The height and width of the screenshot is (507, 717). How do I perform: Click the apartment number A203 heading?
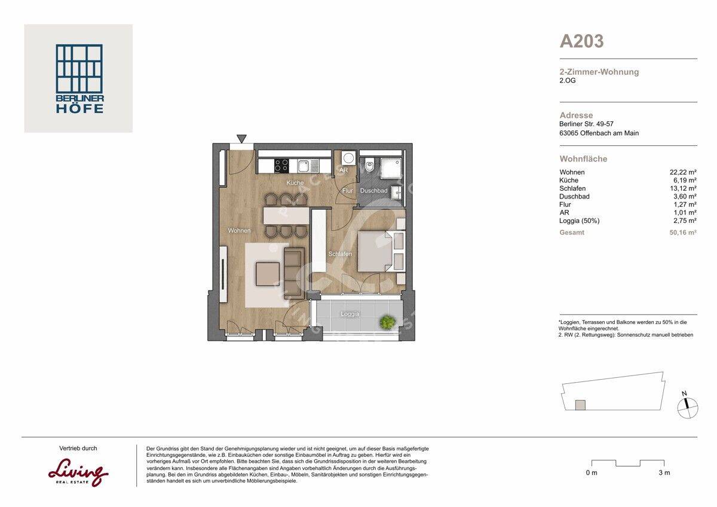pos(581,41)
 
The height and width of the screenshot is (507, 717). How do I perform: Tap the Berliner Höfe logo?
pos(79,78)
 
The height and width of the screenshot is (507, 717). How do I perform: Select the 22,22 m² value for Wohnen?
pos(683,172)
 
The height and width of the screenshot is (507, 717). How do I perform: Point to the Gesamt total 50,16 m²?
pos(683,233)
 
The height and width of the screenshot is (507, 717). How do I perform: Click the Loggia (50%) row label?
pos(580,221)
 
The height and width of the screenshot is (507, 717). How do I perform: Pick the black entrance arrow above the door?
pos(241,138)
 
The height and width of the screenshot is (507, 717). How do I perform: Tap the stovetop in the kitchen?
pos(281,166)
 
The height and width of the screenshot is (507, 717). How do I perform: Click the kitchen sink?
pos(303,166)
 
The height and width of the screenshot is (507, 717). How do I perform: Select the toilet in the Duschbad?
pos(370,164)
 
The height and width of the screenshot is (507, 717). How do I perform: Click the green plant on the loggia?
pos(387,322)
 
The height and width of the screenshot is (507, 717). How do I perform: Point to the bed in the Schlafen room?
pos(375,252)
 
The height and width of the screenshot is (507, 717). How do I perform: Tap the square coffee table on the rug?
pos(268,274)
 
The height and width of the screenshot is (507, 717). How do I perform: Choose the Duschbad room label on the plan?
pos(373,191)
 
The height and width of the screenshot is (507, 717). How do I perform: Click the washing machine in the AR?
pos(348,158)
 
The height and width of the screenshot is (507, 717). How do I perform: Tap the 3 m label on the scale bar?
pos(664,473)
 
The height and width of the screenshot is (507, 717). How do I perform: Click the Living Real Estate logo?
pos(78,473)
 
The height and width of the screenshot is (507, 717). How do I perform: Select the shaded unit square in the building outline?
pos(580,405)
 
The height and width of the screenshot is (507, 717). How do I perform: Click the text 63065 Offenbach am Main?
pos(599,133)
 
